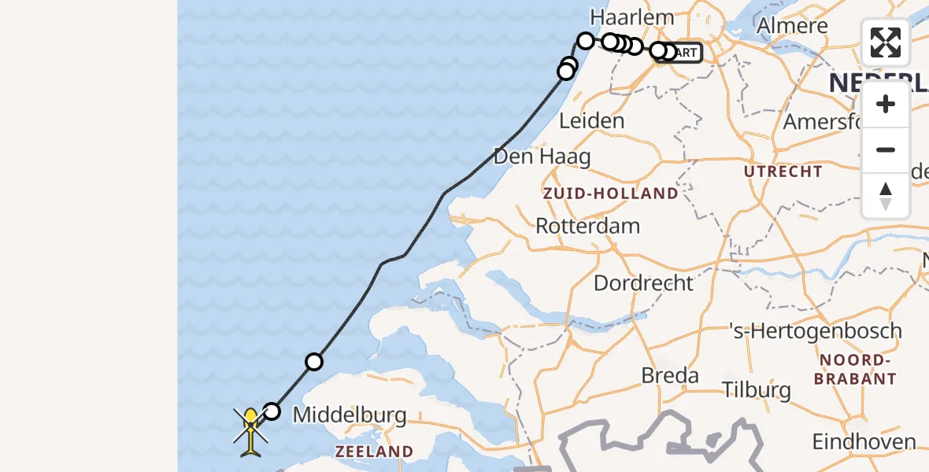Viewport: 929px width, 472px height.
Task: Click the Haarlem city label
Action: coord(632,17)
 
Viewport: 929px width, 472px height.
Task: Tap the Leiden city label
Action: coord(591,121)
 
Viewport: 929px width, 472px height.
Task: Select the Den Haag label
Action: coord(542,157)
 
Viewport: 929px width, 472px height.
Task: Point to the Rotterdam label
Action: coord(587,226)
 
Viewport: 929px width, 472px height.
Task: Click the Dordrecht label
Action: coord(643,283)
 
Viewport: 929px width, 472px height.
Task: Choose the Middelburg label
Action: coord(350,415)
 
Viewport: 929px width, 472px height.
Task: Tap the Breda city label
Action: coord(670,375)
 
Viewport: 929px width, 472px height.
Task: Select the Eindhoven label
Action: coord(864,442)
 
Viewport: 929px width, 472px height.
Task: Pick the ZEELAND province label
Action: coord(374,452)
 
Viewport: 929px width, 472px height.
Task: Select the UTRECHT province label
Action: coord(783,171)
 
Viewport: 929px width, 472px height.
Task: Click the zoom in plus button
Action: coord(886,105)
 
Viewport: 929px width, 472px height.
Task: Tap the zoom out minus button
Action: coord(886,150)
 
